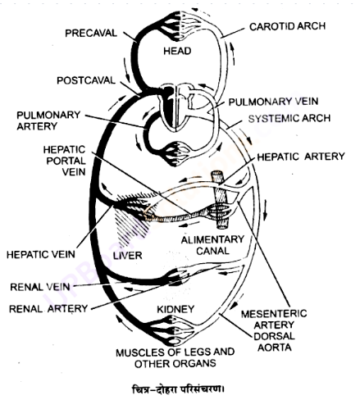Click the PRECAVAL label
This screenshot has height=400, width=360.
point(91,33)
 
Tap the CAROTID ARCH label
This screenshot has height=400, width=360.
point(287,26)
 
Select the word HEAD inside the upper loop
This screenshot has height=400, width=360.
point(177,51)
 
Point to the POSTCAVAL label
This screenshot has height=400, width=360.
point(86,80)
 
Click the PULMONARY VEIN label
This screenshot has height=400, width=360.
point(273,102)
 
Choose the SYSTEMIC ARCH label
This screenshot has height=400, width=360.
point(289,118)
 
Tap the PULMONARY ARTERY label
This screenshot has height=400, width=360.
point(48,120)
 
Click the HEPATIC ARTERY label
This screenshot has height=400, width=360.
point(301,157)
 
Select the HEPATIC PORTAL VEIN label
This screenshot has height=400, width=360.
point(65,161)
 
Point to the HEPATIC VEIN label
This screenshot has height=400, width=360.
point(41,254)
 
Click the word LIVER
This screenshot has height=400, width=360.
point(128,256)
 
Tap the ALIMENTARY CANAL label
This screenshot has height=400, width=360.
point(212,245)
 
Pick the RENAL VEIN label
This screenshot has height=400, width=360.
point(40,287)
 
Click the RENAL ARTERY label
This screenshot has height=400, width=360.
point(48,309)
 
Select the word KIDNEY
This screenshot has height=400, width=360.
point(175,309)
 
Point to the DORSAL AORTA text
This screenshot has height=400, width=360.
point(274,342)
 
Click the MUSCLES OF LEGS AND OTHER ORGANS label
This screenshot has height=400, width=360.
point(175,358)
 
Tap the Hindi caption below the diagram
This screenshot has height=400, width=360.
point(178,389)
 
